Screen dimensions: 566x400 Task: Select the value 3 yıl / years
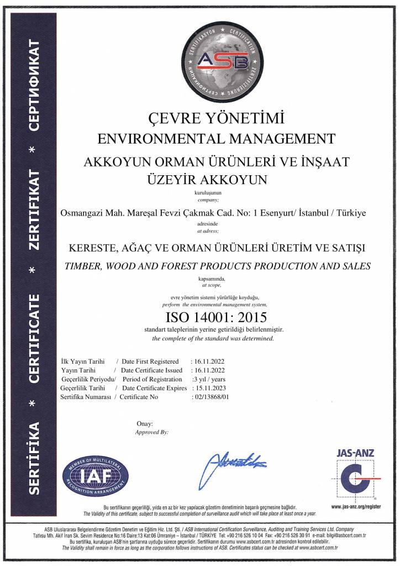[209, 379]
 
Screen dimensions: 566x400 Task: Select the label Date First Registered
[150, 361]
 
